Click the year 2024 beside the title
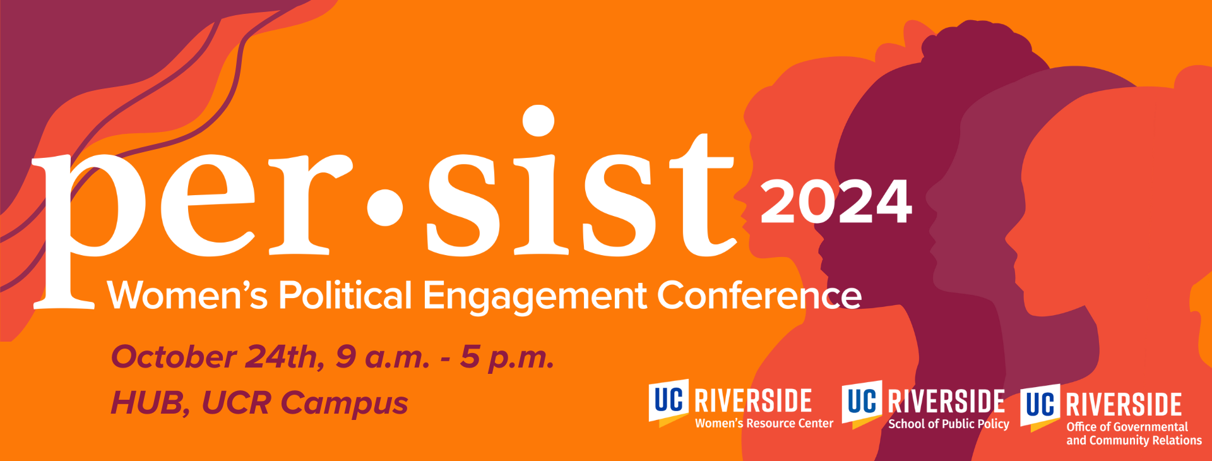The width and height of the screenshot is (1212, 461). tap(836, 201)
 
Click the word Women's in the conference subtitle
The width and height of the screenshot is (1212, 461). tap(187, 296)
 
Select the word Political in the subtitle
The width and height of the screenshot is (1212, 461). tap(345, 296)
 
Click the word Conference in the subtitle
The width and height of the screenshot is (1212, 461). tap(759, 296)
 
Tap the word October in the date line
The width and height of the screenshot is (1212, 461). tap(174, 357)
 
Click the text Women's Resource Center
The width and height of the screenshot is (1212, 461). tap(764, 423)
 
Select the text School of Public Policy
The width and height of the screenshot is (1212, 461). tap(949, 424)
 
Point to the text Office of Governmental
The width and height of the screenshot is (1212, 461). tap(1127, 427)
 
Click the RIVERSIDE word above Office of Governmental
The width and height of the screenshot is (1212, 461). tap(1124, 405)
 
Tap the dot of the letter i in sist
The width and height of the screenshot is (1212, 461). tap(538, 120)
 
